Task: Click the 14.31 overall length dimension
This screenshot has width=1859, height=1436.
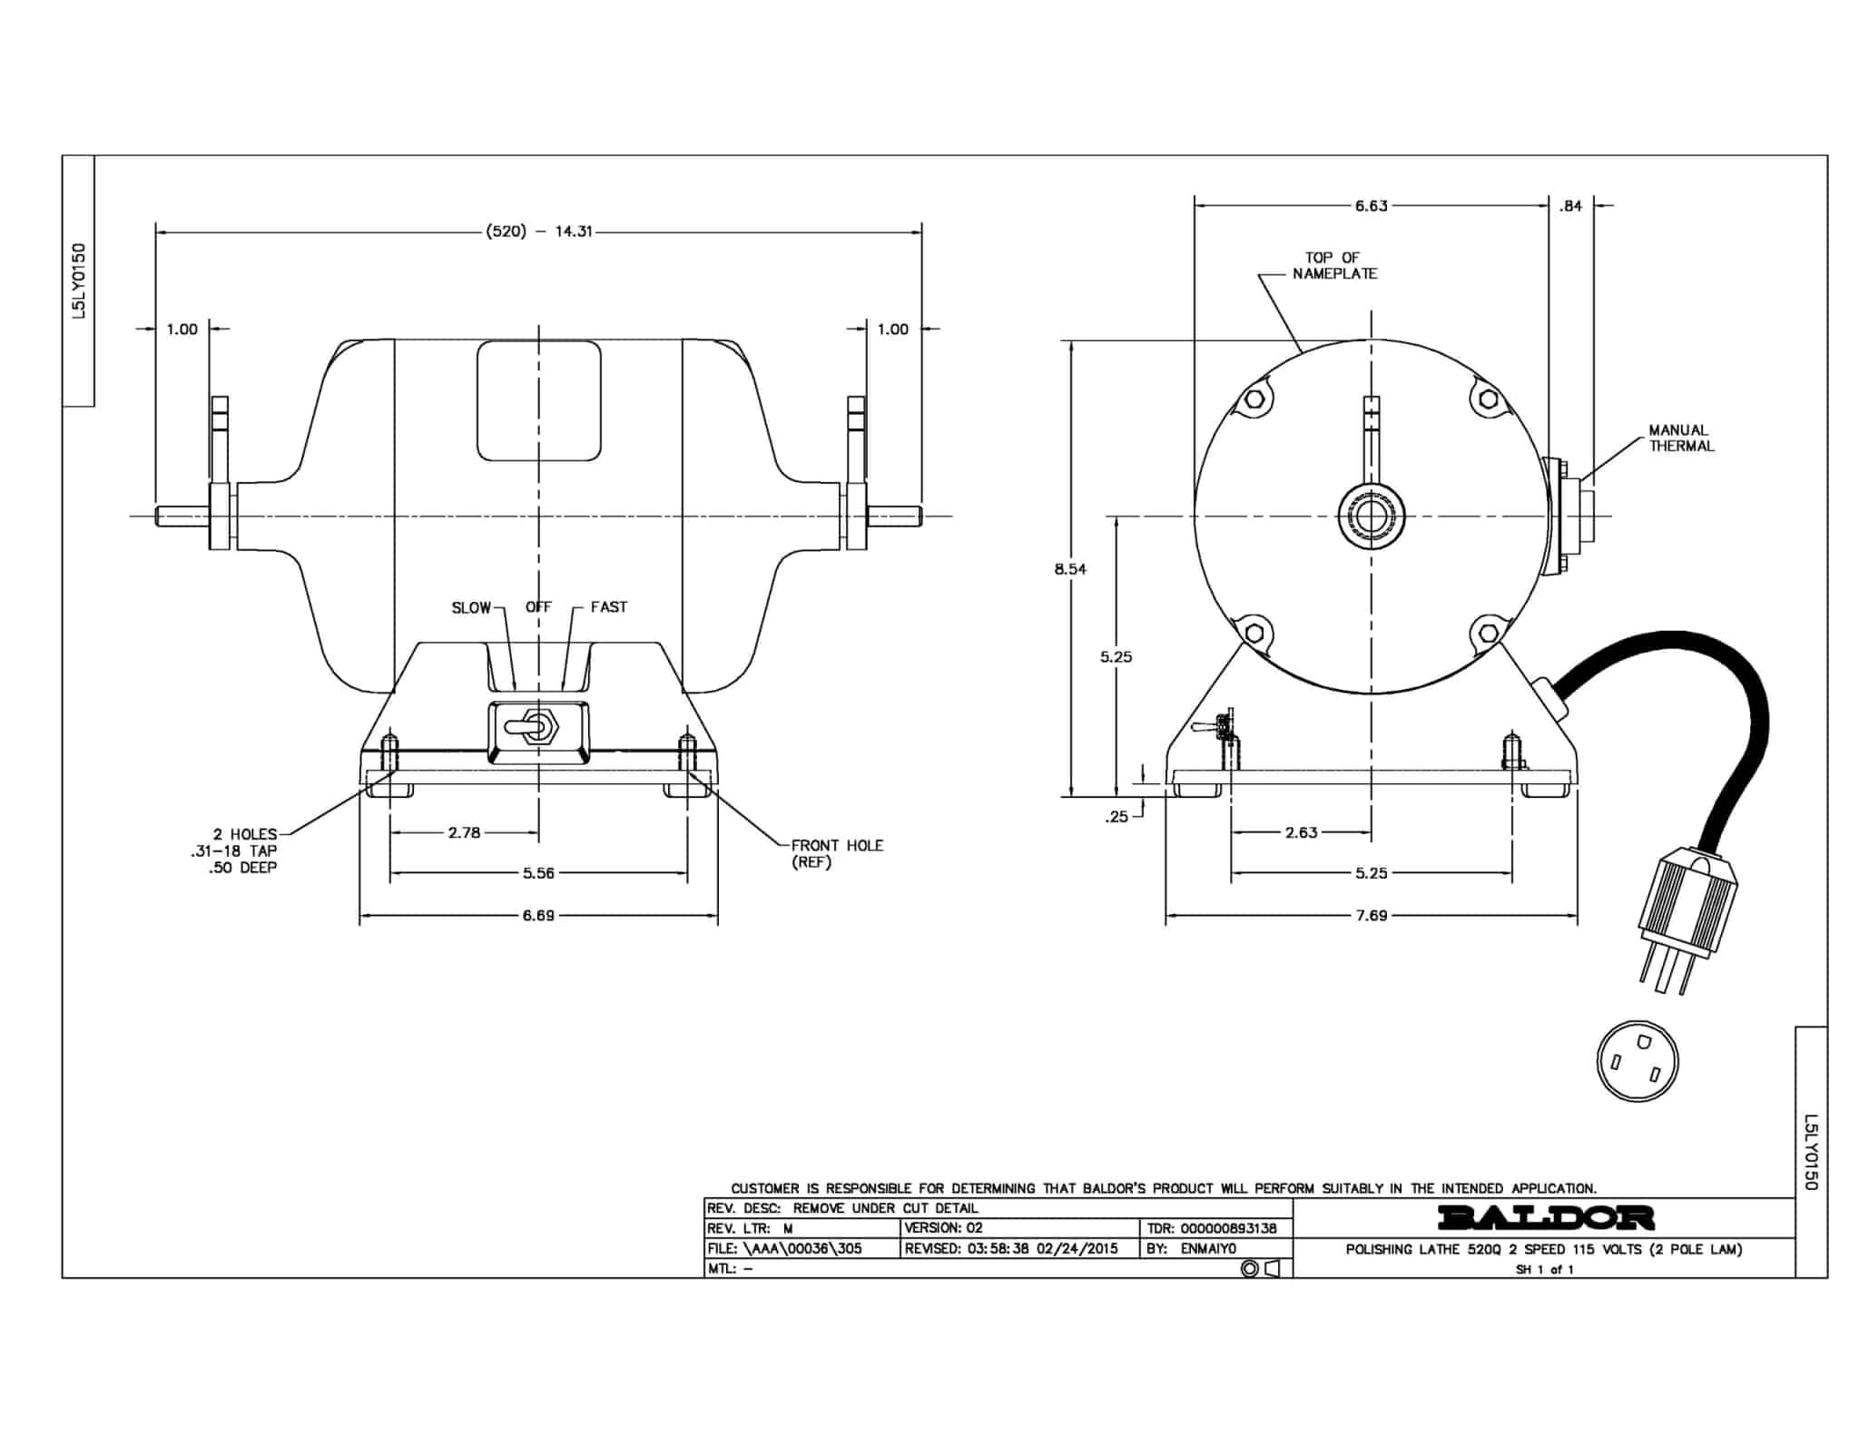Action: coord(574,231)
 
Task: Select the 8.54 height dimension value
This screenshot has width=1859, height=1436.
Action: coord(1070,569)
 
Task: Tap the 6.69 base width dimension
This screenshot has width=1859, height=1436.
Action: coord(538,915)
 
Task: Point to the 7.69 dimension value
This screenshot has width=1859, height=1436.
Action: coord(1372,915)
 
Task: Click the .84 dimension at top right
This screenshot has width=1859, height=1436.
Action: coord(1570,206)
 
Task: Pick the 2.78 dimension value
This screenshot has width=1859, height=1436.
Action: coord(464,831)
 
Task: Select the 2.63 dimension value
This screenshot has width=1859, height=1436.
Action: coord(1301,831)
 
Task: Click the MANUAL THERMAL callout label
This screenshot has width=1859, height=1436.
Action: coord(1681,438)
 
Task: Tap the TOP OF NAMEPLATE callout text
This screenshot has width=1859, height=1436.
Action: coord(1334,265)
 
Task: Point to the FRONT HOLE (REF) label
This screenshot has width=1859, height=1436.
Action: coord(837,853)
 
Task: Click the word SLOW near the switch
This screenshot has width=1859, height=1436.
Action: coord(471,607)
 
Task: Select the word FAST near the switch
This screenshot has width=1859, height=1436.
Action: coord(608,606)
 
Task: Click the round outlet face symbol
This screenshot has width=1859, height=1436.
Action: coord(1638,1061)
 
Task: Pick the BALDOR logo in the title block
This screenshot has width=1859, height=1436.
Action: coord(1546,1217)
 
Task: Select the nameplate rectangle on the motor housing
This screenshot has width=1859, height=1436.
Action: coord(539,400)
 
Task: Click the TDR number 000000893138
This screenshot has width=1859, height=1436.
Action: coord(1228,1228)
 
